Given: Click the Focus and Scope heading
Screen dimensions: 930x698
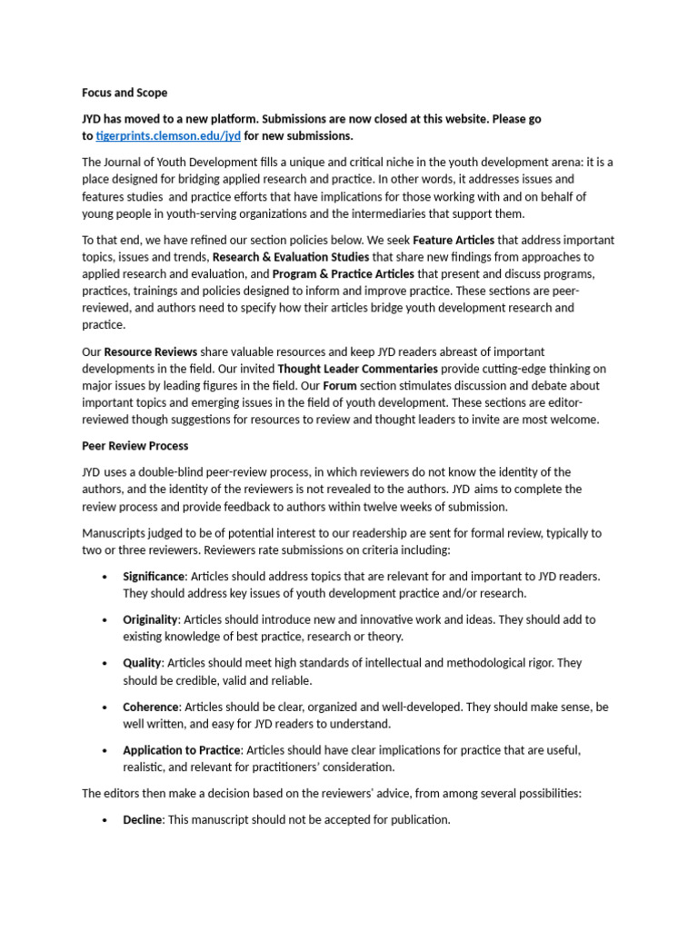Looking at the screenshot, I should (x=125, y=93).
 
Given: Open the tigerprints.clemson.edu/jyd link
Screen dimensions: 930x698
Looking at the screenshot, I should (x=168, y=136).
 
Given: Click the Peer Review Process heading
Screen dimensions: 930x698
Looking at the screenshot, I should (x=136, y=446).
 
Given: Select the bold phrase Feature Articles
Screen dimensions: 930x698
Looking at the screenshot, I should (x=454, y=241).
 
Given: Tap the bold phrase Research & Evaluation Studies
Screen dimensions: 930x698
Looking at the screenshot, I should (x=291, y=257).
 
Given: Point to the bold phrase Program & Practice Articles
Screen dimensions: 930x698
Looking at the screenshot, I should (x=344, y=273).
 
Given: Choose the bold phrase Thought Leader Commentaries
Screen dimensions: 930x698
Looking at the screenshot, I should (x=357, y=369).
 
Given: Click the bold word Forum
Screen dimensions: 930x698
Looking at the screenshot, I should (x=339, y=385).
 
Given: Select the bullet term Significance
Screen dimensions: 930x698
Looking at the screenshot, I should (x=154, y=577).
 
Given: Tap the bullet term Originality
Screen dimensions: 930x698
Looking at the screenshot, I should (x=151, y=619).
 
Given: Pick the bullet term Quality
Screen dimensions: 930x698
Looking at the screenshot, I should (x=142, y=663).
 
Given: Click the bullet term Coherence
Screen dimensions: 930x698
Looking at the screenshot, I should (x=151, y=707).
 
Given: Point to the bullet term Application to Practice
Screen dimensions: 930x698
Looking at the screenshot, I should (x=182, y=750).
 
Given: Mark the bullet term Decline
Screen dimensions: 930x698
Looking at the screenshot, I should (x=143, y=819).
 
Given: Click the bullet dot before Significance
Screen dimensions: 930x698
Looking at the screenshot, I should (x=105, y=577).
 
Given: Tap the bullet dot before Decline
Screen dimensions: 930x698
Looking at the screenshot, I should (x=105, y=820).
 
